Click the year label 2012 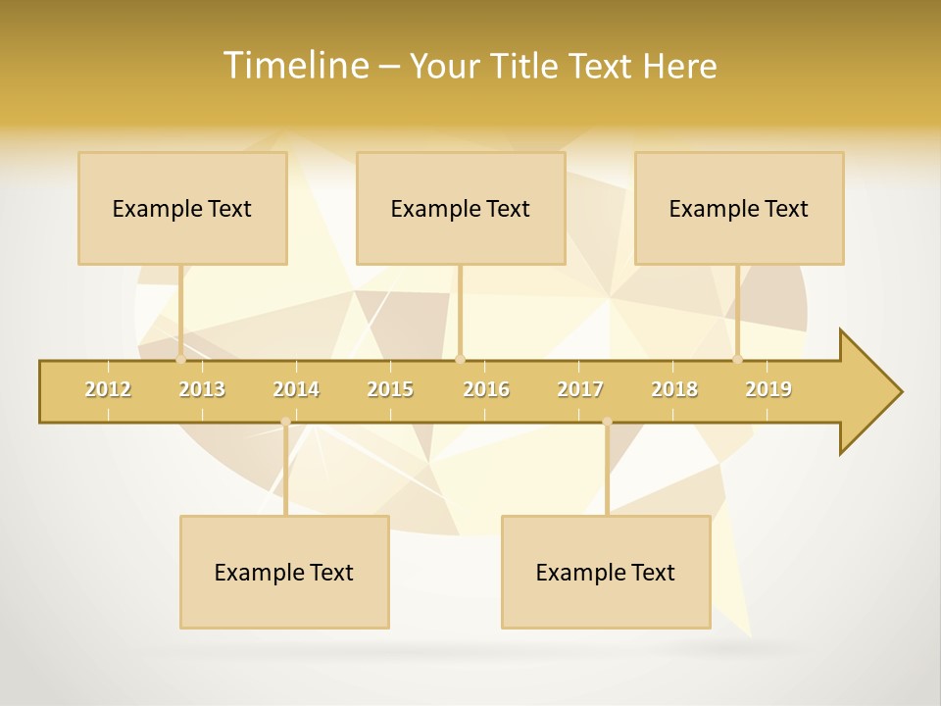pyautogui.click(x=108, y=389)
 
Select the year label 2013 pyautogui.click(x=202, y=389)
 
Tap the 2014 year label pyautogui.click(x=296, y=389)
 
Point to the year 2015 pyautogui.click(x=390, y=389)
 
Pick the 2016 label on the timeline pyautogui.click(x=486, y=389)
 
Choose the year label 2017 pyautogui.click(x=580, y=389)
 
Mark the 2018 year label pyautogui.click(x=674, y=389)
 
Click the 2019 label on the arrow pyautogui.click(x=768, y=389)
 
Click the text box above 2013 pyautogui.click(x=182, y=208)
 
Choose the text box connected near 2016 pyautogui.click(x=461, y=208)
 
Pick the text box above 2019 pyautogui.click(x=739, y=208)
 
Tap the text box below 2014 pyautogui.click(x=284, y=572)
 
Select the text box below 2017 pyautogui.click(x=606, y=572)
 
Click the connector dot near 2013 pyautogui.click(x=180, y=360)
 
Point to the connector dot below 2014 pyautogui.click(x=285, y=422)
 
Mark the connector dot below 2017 pyautogui.click(x=607, y=422)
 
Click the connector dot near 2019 pyautogui.click(x=738, y=360)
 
